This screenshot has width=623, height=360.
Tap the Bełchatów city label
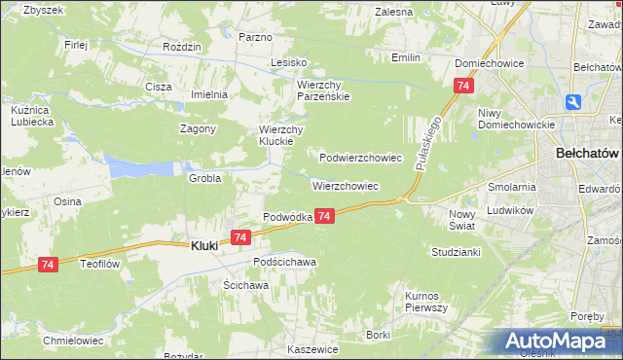[x=587, y=154]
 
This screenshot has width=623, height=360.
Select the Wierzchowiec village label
[x=346, y=185]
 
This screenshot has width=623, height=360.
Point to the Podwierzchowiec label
[x=361, y=157]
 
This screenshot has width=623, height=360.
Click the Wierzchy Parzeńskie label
[x=322, y=90]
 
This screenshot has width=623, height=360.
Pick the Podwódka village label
[x=287, y=217]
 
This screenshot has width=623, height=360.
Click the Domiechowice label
[x=490, y=63]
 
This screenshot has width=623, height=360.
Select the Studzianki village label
[x=457, y=251]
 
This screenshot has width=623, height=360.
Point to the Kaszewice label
[x=312, y=348]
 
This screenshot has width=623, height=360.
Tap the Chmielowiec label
[x=74, y=341]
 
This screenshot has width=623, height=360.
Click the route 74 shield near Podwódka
[x=325, y=216]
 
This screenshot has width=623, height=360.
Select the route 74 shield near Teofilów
[x=48, y=264]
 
